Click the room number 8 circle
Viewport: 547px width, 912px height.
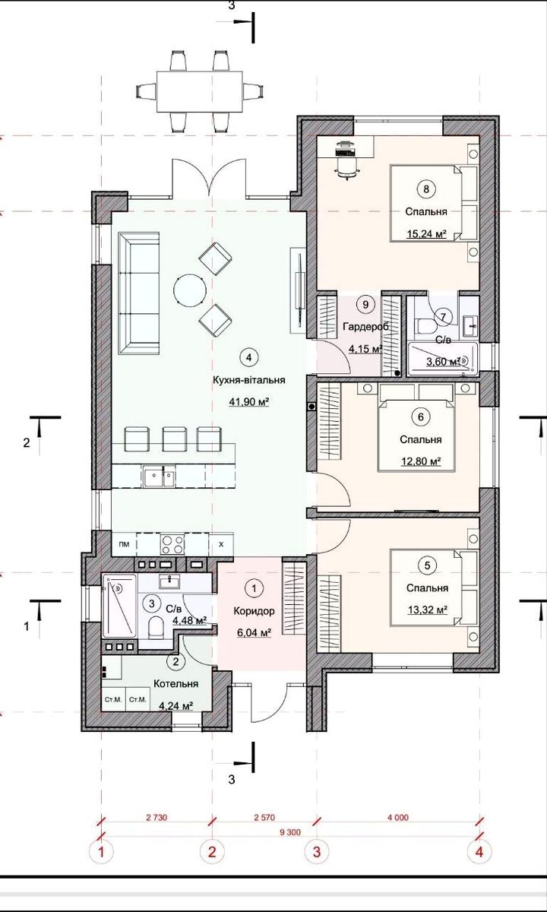(x=426, y=189)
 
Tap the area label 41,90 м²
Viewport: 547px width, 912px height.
(x=249, y=402)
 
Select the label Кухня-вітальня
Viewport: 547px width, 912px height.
(x=249, y=380)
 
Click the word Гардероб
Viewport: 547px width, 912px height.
(x=366, y=326)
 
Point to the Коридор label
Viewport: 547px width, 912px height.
(x=254, y=611)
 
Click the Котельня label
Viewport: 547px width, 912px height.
(x=175, y=683)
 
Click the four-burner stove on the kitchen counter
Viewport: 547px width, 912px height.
(x=172, y=544)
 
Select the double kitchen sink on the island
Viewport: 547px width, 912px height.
(x=159, y=477)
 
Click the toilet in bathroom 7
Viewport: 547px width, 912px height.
(x=425, y=326)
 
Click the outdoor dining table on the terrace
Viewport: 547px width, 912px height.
(x=200, y=91)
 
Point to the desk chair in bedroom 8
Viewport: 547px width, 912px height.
(x=346, y=168)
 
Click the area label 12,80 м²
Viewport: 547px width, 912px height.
(x=420, y=461)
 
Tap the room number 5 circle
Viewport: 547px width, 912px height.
(x=427, y=565)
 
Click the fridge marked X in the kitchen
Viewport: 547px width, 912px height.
(x=221, y=544)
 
